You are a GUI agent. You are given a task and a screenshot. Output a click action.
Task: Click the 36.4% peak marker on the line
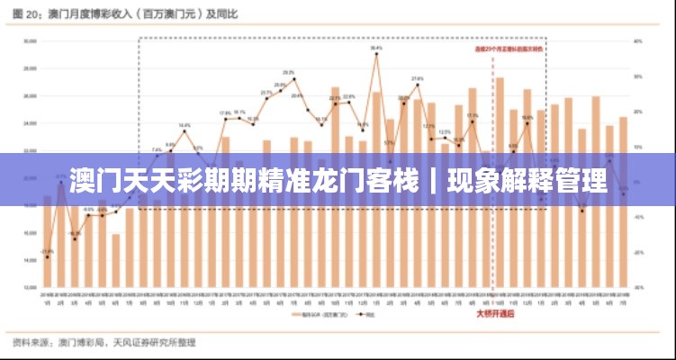pyautogui.click(x=376, y=54)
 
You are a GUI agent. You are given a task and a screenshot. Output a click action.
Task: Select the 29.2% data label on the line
pyautogui.click(x=289, y=72)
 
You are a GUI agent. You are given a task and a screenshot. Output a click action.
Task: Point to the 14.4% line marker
pyautogui.click(x=184, y=131)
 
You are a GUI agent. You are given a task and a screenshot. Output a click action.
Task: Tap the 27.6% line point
pyautogui.click(x=418, y=85)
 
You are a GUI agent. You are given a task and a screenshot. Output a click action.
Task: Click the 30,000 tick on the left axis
pyautogui.click(x=30, y=41)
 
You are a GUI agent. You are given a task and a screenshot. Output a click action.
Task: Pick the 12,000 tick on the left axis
pyautogui.click(x=30, y=286)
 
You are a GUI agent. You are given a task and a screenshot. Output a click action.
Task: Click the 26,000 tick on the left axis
pyautogui.click(x=30, y=95)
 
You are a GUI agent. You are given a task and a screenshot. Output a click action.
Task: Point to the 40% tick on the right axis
pyautogui.click(x=637, y=41)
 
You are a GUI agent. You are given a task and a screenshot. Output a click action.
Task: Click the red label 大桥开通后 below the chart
pyautogui.click(x=494, y=314)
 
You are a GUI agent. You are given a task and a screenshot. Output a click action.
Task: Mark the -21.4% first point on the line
pyautogui.click(x=47, y=257)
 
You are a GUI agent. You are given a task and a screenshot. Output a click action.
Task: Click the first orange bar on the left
pyautogui.click(x=47, y=241)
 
